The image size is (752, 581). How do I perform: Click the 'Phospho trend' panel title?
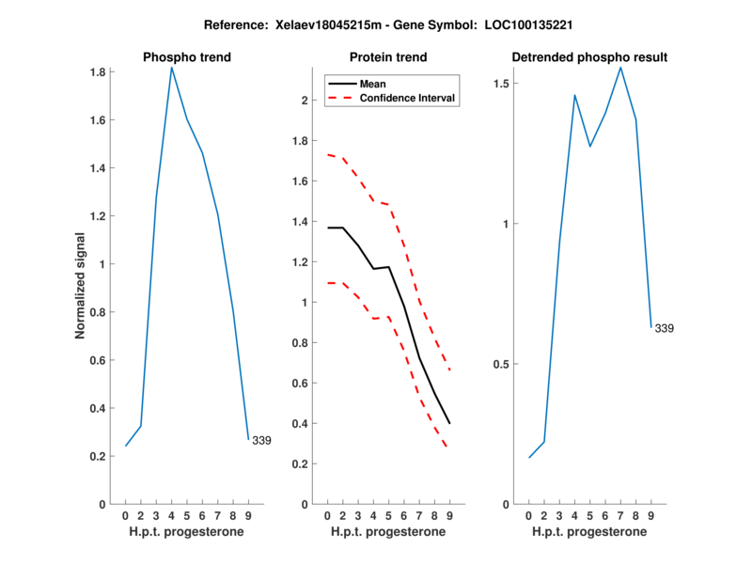[x=186, y=57]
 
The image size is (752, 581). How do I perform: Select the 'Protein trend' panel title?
[x=388, y=57]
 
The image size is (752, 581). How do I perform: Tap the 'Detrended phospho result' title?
[x=589, y=57]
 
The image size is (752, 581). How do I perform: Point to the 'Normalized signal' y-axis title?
[x=81, y=286]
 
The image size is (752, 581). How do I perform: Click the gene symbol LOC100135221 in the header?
[x=529, y=24]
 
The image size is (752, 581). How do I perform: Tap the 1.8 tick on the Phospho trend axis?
[x=97, y=72]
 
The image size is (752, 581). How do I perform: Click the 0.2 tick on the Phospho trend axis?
[x=97, y=456]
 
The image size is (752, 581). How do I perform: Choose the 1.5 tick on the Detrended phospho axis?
[x=502, y=84]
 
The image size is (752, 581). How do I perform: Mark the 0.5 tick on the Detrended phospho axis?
[x=502, y=365]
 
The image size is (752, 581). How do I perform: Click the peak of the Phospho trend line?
[x=171, y=68]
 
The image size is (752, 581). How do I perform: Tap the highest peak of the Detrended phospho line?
[x=620, y=67]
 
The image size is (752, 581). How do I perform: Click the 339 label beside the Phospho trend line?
[x=261, y=440]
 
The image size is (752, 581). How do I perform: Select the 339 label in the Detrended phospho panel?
[x=665, y=328]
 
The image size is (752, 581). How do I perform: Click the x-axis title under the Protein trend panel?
[x=388, y=532]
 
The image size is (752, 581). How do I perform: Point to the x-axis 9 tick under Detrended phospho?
[x=651, y=515]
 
